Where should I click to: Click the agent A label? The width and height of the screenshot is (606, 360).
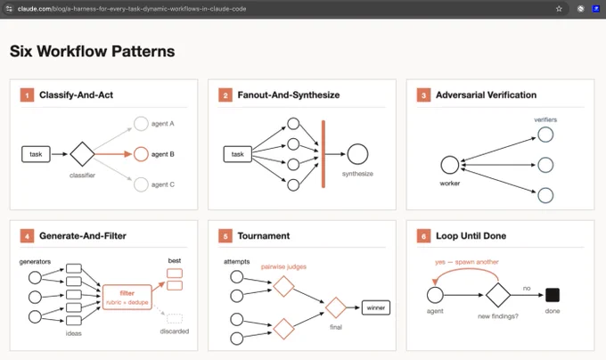click(163, 124)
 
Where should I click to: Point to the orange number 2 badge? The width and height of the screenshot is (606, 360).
click(225, 95)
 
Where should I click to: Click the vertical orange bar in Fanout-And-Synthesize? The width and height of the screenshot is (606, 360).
click(323, 154)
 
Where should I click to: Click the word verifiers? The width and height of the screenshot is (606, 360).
click(545, 119)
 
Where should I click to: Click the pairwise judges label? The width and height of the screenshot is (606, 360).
click(283, 266)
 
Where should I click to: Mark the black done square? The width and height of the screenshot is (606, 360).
click(553, 295)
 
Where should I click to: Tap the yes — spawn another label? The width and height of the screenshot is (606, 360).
click(467, 262)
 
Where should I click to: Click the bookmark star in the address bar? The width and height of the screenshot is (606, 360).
click(559, 9)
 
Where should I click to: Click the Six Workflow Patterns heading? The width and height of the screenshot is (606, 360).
click(93, 52)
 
